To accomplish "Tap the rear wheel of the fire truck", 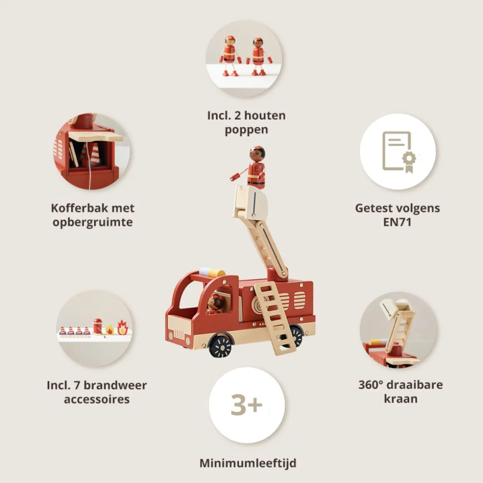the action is [x=295, y=336].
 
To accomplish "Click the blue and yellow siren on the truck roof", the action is [x=212, y=272].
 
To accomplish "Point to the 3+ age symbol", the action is [x=246, y=404].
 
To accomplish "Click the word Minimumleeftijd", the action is [x=248, y=463].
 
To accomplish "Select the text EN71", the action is [x=397, y=222].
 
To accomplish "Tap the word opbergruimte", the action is [x=93, y=222].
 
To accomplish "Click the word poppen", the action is [x=246, y=130].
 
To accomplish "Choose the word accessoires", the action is [x=97, y=399].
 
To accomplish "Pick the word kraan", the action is [x=401, y=399].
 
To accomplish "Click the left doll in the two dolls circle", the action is [x=230, y=56].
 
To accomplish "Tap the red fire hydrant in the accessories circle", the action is [x=97, y=326].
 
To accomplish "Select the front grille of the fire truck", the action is [x=179, y=334].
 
